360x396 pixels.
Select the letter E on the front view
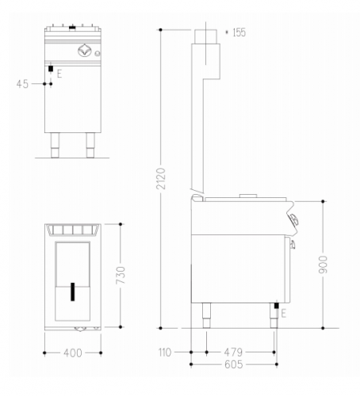(x=59, y=73)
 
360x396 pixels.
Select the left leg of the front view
(x=56, y=145)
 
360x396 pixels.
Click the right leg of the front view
(x=87, y=145)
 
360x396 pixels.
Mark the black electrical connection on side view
(x=276, y=306)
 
